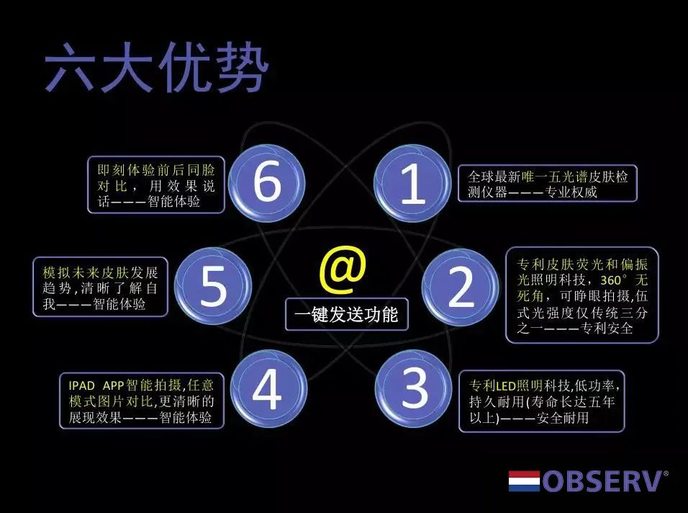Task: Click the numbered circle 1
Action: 412,183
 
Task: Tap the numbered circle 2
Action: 461,287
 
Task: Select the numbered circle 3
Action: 413,388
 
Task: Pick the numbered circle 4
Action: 268,388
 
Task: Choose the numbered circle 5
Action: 213,285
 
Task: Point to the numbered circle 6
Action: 267,182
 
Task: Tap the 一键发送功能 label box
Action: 347,314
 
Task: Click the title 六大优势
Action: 156,67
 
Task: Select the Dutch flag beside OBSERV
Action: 524,481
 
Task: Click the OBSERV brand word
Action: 603,481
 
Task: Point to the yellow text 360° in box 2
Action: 614,280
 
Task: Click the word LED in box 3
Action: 505,386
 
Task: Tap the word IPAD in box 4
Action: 81,385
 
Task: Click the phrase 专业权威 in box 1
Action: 571,192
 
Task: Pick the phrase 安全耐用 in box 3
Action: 563,417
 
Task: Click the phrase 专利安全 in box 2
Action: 607,328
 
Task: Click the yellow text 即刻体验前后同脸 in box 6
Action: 156,170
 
